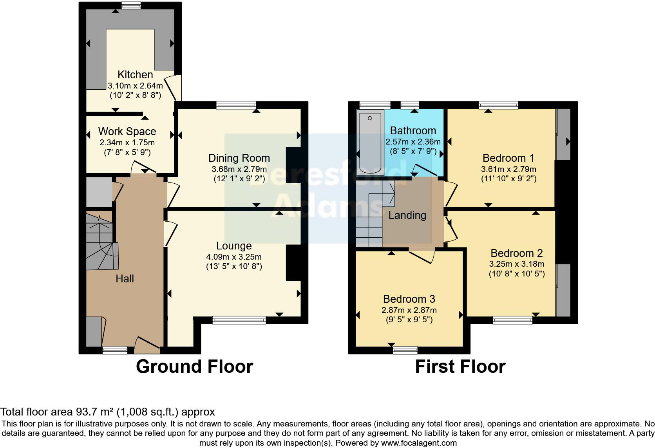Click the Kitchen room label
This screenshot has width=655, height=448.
135,74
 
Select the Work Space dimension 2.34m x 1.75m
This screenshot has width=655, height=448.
127,143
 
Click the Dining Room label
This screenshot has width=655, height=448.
239,158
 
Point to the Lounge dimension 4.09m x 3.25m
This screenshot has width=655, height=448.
234,257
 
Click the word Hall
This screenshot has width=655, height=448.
125,279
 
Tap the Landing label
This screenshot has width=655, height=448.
407,215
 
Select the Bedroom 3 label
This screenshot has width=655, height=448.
409,299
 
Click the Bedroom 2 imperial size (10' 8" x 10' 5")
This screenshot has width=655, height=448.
516,274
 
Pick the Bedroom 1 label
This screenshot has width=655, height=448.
508,158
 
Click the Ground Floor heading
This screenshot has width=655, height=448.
194,367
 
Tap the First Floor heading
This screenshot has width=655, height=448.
460,367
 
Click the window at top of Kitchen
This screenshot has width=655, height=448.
131,5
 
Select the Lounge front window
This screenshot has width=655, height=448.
239,320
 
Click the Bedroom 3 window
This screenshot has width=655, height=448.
405,350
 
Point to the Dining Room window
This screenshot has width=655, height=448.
236,105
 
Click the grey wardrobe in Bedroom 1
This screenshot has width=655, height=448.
564,134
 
